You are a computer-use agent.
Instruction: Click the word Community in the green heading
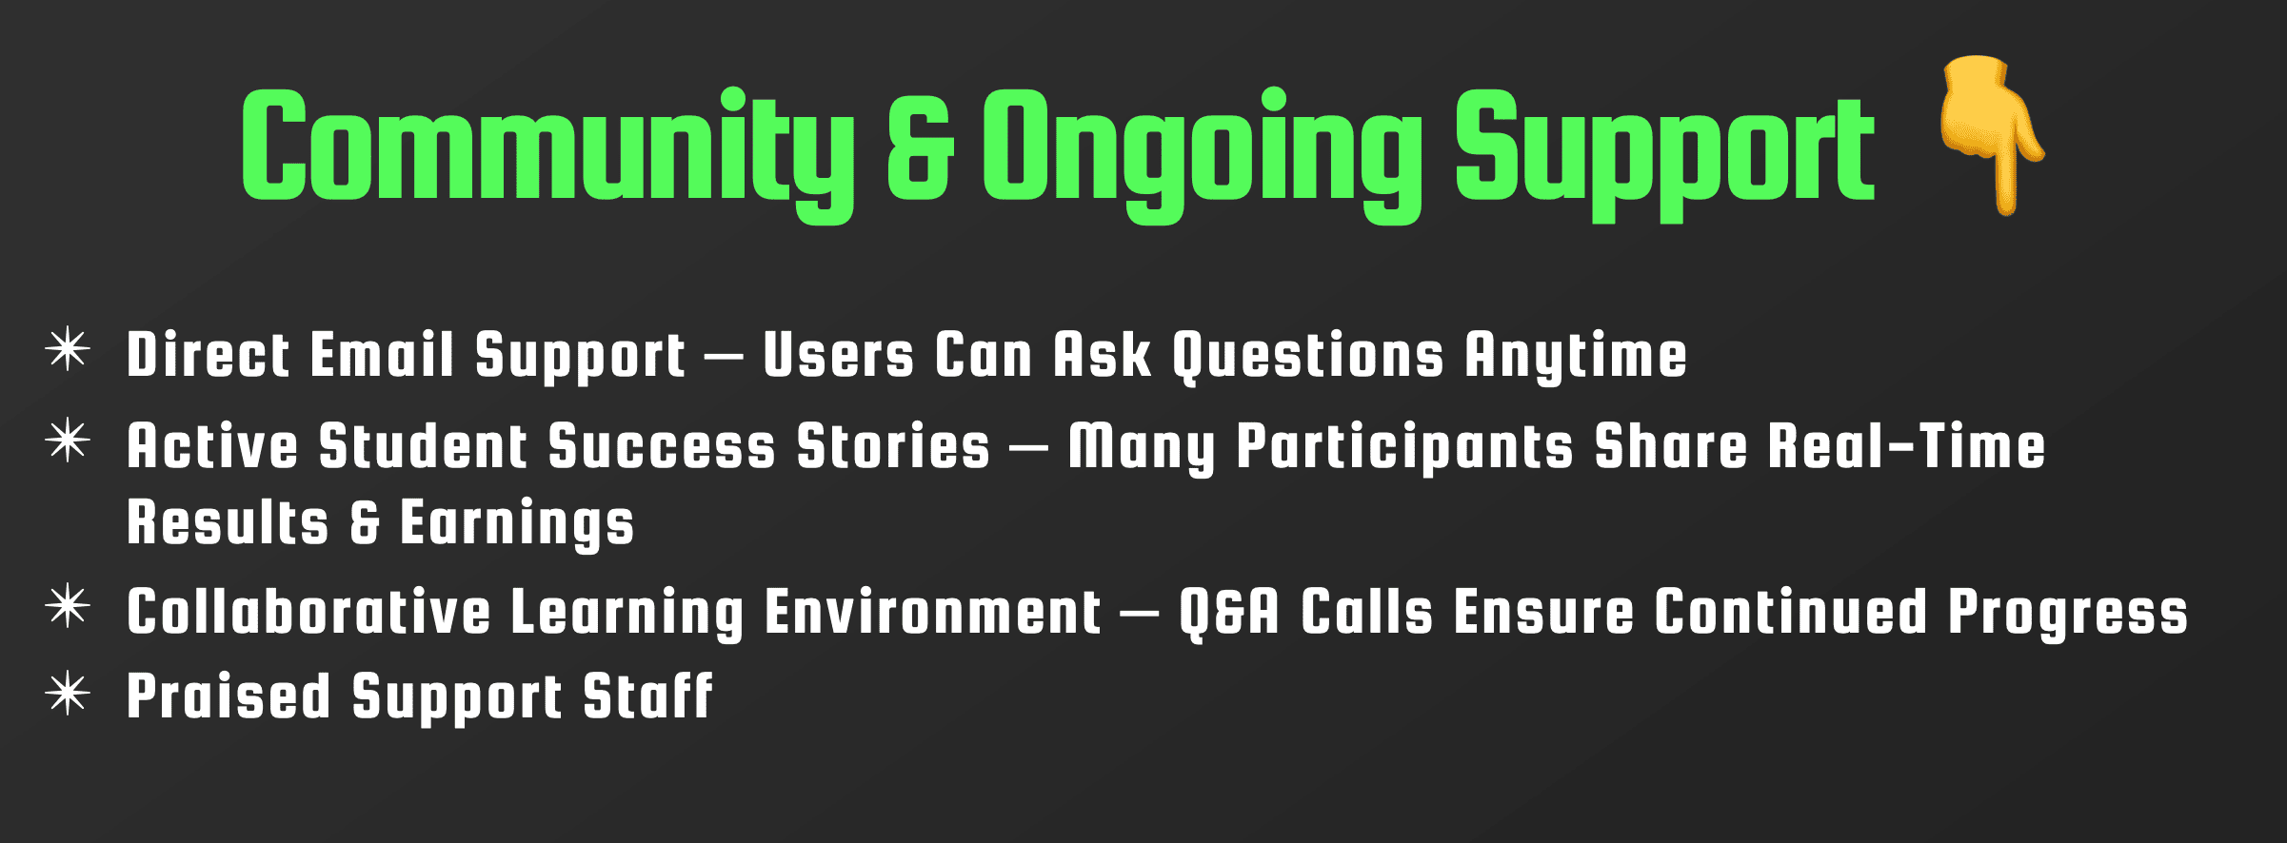point(547,152)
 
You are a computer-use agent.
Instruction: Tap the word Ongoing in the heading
point(1203,152)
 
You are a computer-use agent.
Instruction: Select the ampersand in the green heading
point(920,147)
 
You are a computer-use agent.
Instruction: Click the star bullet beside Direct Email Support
point(68,349)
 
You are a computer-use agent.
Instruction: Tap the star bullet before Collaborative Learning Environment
point(68,607)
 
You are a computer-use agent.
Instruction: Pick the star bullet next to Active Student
point(68,441)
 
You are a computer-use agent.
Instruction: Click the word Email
point(382,354)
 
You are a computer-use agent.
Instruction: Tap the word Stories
point(893,446)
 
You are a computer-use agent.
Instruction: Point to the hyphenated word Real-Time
point(1907,446)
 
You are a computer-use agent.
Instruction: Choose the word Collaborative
point(308,611)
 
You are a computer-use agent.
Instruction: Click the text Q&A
point(1229,612)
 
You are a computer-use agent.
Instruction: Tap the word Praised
point(229,696)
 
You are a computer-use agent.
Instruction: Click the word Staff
point(647,696)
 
